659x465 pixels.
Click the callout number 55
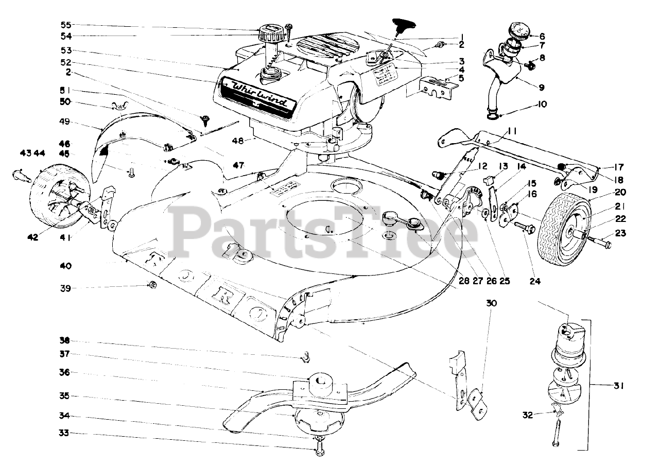(66, 24)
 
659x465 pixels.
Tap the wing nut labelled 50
(118, 107)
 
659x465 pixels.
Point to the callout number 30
(491, 303)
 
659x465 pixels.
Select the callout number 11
(511, 131)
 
